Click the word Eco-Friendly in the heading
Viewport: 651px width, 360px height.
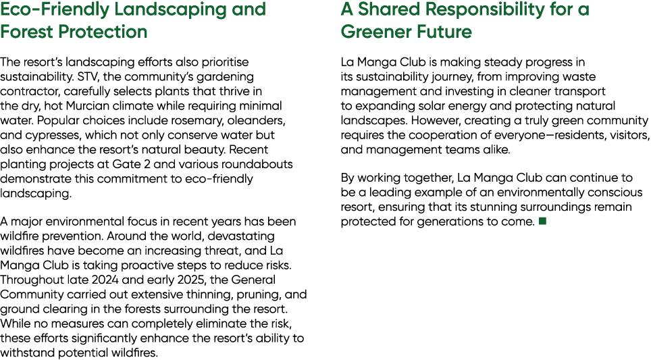point(55,10)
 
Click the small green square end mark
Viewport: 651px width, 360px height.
point(542,221)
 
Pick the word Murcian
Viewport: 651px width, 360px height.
point(87,105)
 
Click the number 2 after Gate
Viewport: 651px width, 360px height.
point(147,164)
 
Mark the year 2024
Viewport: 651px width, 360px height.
point(105,280)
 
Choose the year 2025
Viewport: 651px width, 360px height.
point(190,280)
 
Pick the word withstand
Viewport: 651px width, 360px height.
point(28,353)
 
